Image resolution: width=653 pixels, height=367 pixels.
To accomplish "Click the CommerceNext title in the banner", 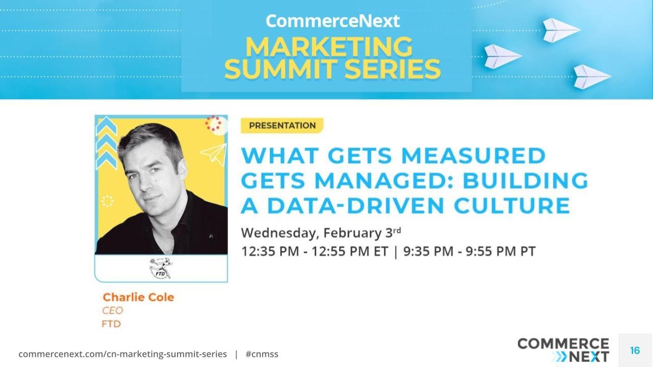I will (x=332, y=21).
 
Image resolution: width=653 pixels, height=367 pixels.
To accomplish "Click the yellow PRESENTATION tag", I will (x=282, y=125).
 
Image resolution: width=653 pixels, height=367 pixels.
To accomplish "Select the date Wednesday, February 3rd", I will (x=320, y=233).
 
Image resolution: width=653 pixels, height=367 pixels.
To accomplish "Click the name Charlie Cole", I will (x=138, y=297).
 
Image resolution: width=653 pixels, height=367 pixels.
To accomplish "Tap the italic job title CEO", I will (x=112, y=310).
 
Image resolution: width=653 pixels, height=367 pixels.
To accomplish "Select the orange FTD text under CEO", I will (x=111, y=324).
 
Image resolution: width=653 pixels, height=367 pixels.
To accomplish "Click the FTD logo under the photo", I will (x=161, y=268).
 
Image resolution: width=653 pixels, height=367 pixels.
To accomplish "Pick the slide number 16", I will (x=635, y=350).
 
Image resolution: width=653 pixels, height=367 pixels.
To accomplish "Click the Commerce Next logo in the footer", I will (x=563, y=349).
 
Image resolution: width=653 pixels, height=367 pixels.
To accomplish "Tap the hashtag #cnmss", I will (x=262, y=354).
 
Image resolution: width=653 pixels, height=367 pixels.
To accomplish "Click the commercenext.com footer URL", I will (x=122, y=354).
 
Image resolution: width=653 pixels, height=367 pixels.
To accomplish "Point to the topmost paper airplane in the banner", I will (x=561, y=30).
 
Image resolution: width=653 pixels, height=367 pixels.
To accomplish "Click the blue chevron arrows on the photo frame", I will (x=107, y=143).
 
